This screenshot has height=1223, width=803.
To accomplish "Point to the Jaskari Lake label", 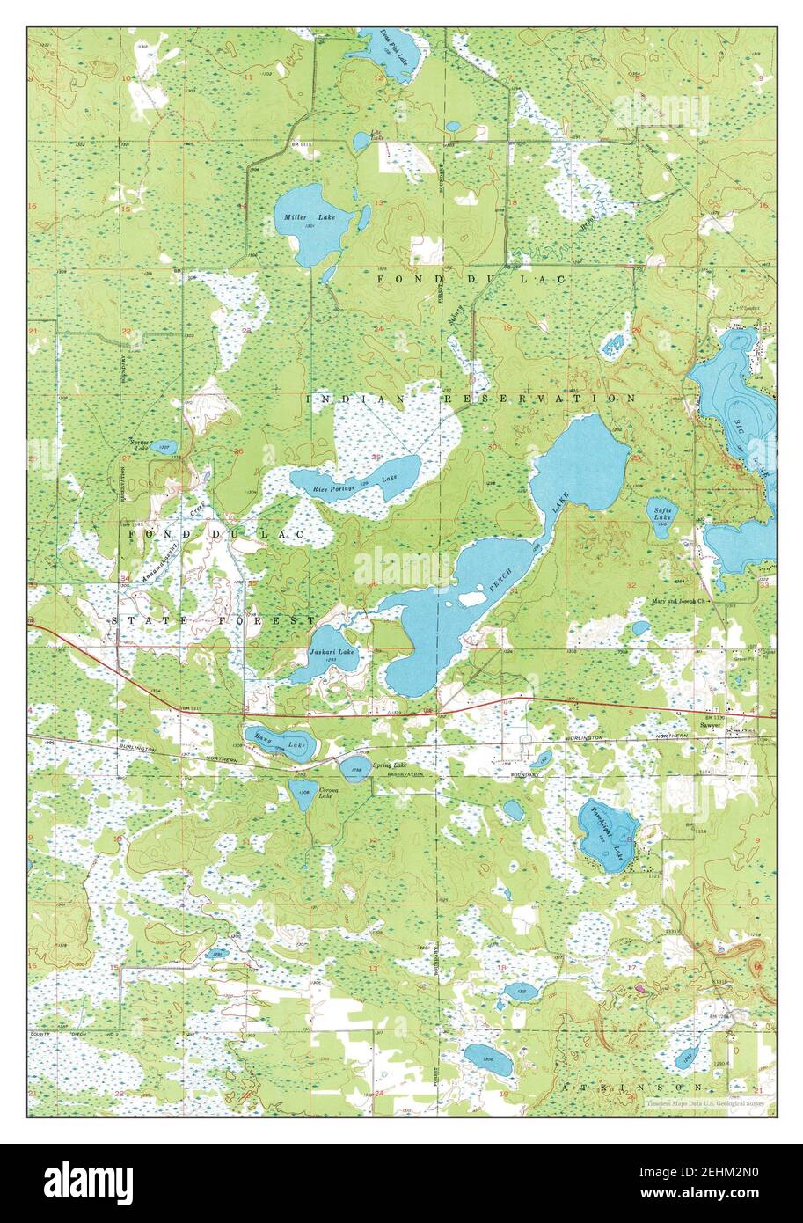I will click(332, 652).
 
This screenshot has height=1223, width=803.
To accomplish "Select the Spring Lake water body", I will click(354, 769).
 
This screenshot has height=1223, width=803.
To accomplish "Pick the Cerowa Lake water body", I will click(303, 795).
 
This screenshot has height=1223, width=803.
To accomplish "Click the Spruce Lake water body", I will click(164, 446).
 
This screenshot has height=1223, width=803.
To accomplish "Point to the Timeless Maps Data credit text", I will click(704, 1102).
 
